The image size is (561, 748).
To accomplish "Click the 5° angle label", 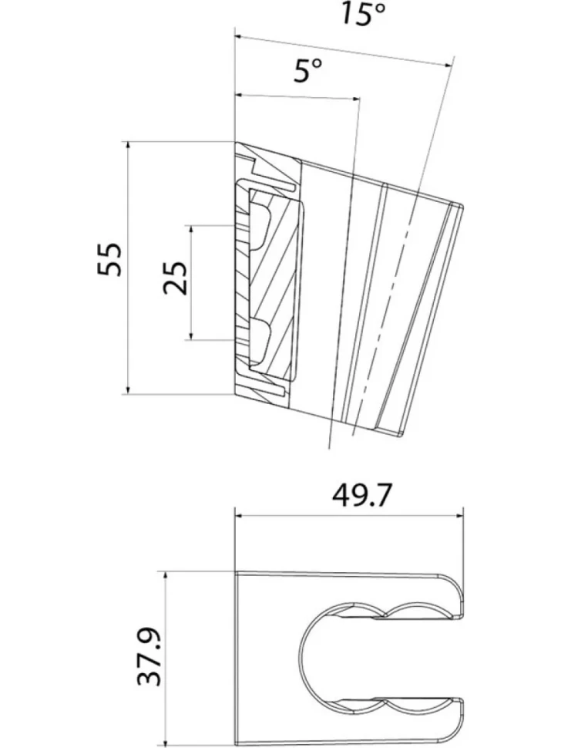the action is tap(308, 70).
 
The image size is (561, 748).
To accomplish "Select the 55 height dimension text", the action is tap(110, 259).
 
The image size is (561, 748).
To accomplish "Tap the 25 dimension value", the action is tap(176, 278).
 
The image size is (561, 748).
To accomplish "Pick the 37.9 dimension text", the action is tap(149, 655).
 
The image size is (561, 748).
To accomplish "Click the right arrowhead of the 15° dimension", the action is tap(447, 65).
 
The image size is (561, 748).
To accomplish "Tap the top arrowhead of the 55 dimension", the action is tap(127, 147).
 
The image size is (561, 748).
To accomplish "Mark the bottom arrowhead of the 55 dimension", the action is tap(127, 389).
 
